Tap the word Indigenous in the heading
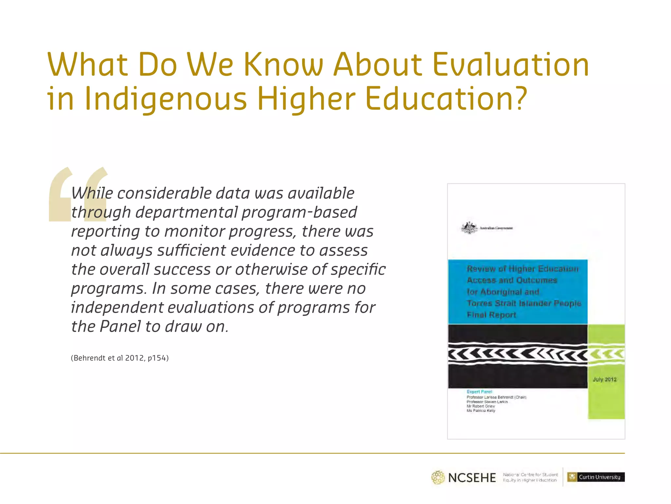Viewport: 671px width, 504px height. click(165, 99)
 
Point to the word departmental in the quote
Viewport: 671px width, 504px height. click(186, 212)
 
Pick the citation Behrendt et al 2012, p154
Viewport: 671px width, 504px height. click(120, 358)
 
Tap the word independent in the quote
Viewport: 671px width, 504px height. click(117, 307)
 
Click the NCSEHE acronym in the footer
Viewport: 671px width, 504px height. click(472, 478)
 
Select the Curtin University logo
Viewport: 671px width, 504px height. click(596, 477)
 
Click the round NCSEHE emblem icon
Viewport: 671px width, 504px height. click(438, 477)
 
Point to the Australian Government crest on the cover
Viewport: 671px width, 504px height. click(469, 228)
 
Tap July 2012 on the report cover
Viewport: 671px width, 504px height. click(604, 379)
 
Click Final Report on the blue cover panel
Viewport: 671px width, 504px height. click(491, 315)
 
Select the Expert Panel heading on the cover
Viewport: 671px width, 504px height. click(479, 391)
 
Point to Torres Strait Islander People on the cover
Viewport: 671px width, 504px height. click(524, 303)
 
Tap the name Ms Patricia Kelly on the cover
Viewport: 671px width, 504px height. click(481, 410)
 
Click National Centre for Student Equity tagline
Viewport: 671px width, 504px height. click(530, 477)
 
